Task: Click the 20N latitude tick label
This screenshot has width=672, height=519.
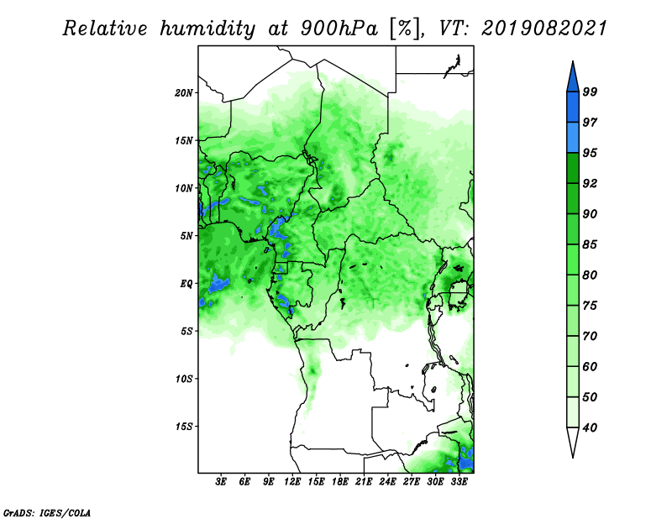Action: click(x=184, y=93)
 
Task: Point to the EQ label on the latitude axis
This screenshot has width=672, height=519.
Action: click(x=186, y=284)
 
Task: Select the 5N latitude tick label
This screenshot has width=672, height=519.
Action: click(x=186, y=236)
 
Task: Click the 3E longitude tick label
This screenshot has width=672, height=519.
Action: click(x=221, y=482)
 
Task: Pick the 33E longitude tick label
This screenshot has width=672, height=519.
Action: click(x=459, y=482)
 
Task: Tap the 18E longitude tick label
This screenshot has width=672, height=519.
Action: click(x=340, y=482)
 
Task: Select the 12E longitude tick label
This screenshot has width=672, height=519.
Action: click(x=292, y=482)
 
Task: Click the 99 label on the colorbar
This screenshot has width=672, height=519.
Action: click(x=590, y=92)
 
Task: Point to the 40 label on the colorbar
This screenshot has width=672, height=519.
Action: click(x=590, y=427)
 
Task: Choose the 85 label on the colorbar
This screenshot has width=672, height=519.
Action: click(x=590, y=244)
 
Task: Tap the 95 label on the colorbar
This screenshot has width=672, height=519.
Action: click(x=590, y=153)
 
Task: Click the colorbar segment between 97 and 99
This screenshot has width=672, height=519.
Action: click(x=573, y=107)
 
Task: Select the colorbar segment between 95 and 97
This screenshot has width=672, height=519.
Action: click(x=573, y=138)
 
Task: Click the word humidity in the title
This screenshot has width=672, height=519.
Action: click(x=207, y=29)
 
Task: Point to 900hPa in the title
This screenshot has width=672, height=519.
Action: click(x=339, y=29)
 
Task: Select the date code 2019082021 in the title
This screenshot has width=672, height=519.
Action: click(x=544, y=29)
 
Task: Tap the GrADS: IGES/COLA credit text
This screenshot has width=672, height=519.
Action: click(x=47, y=513)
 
